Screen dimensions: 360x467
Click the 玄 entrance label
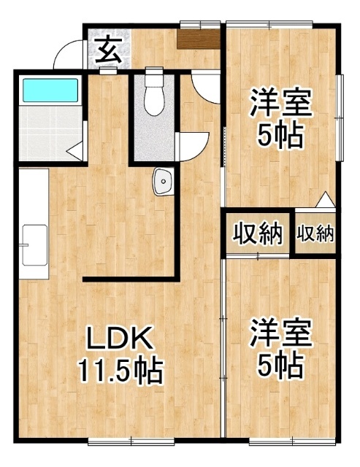[x=109, y=50]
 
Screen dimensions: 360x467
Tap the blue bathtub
[x=50, y=90]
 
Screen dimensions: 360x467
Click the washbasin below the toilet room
[x=164, y=182]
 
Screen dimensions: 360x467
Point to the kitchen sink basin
[x=34, y=245]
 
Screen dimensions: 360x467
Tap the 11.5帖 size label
[x=120, y=371]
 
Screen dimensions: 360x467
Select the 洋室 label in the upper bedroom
[x=281, y=103]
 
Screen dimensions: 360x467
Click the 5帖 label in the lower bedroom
[x=280, y=366]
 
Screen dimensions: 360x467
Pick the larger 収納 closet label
[x=258, y=233]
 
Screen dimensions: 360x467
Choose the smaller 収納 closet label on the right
[x=315, y=233]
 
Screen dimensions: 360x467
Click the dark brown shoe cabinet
[x=198, y=39]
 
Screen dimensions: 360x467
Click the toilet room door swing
[x=194, y=147]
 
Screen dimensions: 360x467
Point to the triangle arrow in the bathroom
[x=74, y=150]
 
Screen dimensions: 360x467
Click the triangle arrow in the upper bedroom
[x=325, y=199]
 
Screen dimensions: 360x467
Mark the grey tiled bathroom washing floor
[x=50, y=133]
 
